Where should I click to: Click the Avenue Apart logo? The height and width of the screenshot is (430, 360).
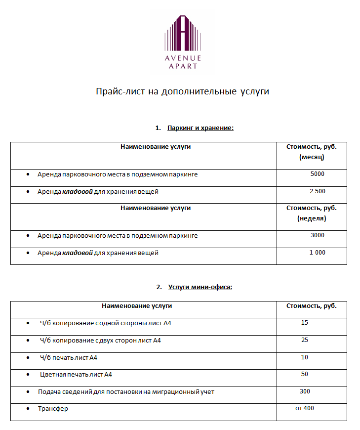183,43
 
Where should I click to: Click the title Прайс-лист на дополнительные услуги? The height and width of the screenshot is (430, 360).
182,92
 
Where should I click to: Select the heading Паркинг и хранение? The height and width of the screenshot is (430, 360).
200,128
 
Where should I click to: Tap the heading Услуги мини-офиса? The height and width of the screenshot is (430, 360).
200,287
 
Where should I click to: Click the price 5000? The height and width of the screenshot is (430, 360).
318,174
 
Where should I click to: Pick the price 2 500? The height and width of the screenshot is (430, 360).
318,191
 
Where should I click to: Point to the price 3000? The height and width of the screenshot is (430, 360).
318,235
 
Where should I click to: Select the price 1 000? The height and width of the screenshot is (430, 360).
318,253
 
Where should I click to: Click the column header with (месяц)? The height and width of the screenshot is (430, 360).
312,152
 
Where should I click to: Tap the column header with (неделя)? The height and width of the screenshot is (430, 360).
312,213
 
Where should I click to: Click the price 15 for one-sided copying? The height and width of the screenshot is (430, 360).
304,323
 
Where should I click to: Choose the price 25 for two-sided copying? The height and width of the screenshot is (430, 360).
304,340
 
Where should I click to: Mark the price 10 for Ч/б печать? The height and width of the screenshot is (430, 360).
304,357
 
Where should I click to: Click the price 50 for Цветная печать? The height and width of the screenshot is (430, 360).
304,374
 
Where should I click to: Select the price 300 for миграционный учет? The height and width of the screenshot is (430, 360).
305,391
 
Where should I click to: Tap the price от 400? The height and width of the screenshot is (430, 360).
305,408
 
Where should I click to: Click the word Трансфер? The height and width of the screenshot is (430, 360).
53,409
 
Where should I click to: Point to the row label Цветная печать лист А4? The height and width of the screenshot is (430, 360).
76,375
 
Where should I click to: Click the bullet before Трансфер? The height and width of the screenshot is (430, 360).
28,409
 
